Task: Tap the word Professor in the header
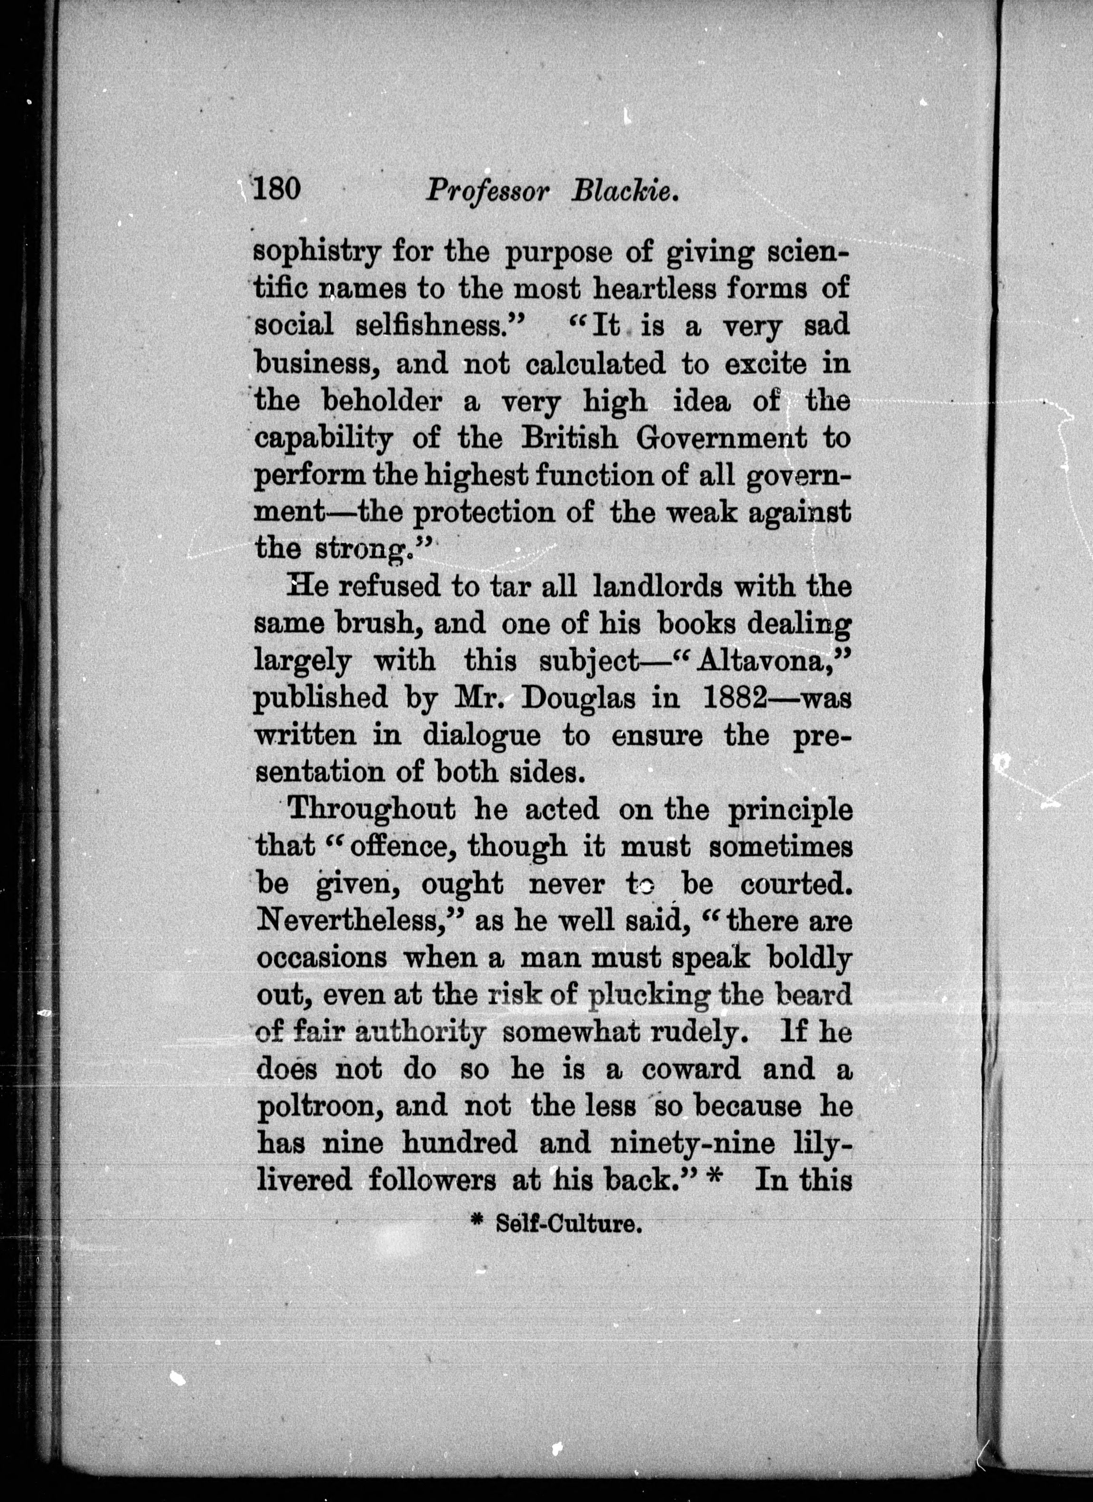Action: click(x=488, y=192)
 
